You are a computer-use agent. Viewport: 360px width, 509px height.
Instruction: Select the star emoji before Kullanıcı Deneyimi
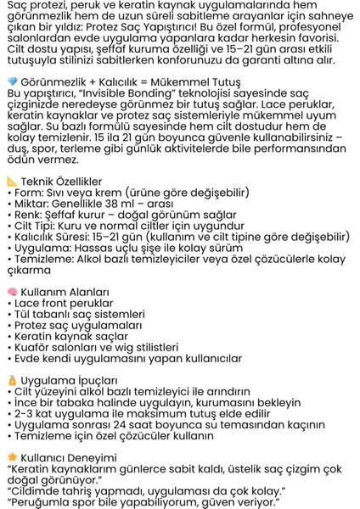tap(11, 456)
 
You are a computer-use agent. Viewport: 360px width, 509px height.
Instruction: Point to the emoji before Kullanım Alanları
tap(11, 291)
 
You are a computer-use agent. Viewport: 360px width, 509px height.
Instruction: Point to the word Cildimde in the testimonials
tap(37, 489)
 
